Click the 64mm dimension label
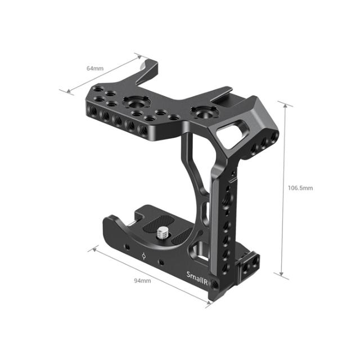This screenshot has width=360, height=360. point(94,68)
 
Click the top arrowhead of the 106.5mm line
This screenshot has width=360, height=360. point(285,104)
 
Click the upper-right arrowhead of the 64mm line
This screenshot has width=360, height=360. point(138,56)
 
